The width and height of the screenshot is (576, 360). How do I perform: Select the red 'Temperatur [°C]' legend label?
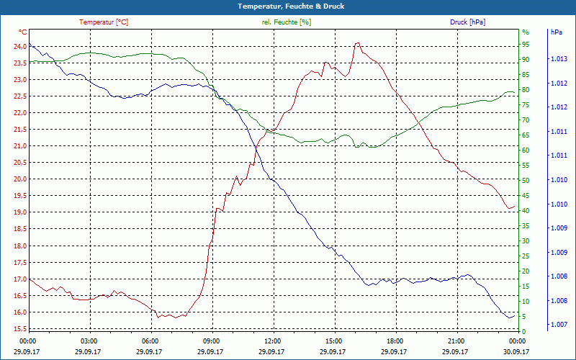[104, 22]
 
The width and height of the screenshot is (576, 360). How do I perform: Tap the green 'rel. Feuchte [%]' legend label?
[287, 22]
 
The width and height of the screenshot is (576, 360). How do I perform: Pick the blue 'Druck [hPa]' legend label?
[467, 22]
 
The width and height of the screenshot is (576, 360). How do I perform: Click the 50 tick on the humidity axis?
[526, 181]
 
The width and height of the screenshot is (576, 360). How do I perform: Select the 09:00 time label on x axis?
[212, 341]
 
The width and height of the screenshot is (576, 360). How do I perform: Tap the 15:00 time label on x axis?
[334, 341]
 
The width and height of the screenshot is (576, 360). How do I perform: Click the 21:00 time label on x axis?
[456, 341]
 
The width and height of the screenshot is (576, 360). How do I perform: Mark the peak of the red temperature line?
[357, 43]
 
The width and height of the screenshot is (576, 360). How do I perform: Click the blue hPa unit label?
[557, 32]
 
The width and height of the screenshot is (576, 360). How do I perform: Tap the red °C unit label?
[23, 32]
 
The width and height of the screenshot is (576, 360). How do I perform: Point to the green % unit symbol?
[525, 32]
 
